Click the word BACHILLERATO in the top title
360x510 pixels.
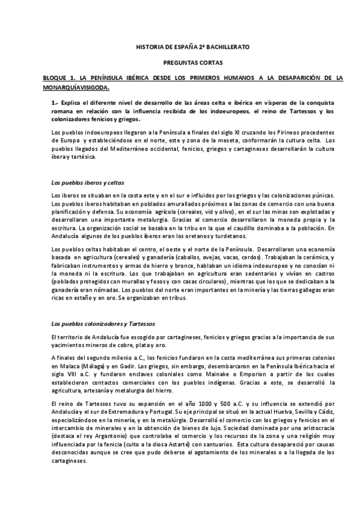pyautogui.click(x=223, y=46)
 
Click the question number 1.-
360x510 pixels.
pyautogui.click(x=55, y=103)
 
